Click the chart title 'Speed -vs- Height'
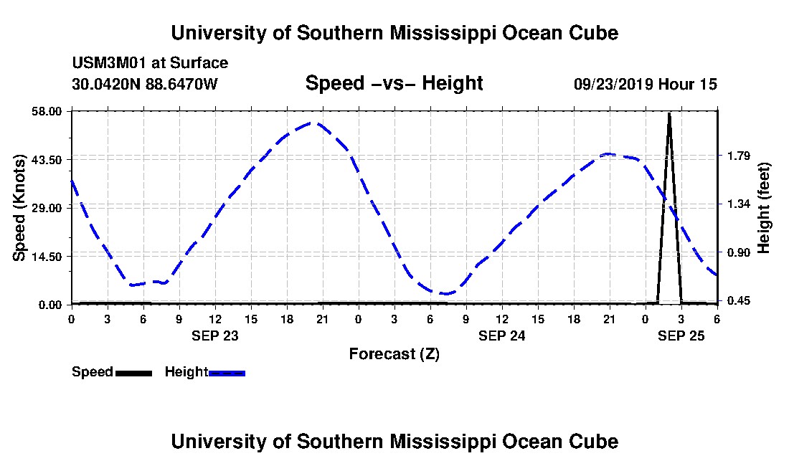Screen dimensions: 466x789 394,83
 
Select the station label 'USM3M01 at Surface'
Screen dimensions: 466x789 150,63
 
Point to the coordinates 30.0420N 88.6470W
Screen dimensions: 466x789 144,84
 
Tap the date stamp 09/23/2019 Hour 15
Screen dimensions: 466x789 646,84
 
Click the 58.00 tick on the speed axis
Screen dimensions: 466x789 47,111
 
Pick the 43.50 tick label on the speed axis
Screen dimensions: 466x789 47,159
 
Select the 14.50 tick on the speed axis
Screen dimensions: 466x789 47,256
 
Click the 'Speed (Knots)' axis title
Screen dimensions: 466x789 20,207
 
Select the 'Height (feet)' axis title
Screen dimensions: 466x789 765,207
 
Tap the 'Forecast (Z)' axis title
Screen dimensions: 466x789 394,353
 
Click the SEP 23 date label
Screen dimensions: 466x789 214,335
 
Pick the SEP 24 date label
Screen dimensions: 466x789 501,335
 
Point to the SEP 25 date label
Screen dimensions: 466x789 681,335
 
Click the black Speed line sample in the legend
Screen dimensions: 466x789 133,373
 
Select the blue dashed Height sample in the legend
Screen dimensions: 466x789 227,373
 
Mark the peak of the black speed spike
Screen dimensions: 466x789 669,113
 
